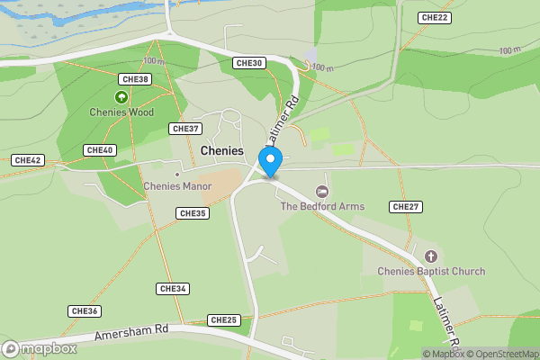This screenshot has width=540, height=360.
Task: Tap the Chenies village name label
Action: (x=222, y=150)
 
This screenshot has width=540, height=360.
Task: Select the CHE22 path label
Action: (x=435, y=18)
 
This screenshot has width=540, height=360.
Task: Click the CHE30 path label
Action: (x=248, y=63)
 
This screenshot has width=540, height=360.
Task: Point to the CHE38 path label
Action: (x=135, y=79)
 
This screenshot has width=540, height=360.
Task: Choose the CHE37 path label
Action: (x=185, y=129)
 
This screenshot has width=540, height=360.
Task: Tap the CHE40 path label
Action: (x=99, y=149)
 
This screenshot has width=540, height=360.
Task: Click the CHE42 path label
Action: (x=28, y=160)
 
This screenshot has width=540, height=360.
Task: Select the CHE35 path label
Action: (x=193, y=213)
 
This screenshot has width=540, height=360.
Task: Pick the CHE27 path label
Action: (x=406, y=207)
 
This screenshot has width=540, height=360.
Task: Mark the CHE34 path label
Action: (x=172, y=289)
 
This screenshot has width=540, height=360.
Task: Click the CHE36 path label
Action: (x=84, y=310)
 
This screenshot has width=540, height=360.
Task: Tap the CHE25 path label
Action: (x=223, y=319)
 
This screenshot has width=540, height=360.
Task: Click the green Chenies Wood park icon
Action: (x=121, y=97)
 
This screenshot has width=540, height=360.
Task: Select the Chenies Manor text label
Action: (x=175, y=187)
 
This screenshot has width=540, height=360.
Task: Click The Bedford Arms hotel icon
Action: (x=322, y=192)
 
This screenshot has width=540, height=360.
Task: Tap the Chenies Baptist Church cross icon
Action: (x=430, y=256)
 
